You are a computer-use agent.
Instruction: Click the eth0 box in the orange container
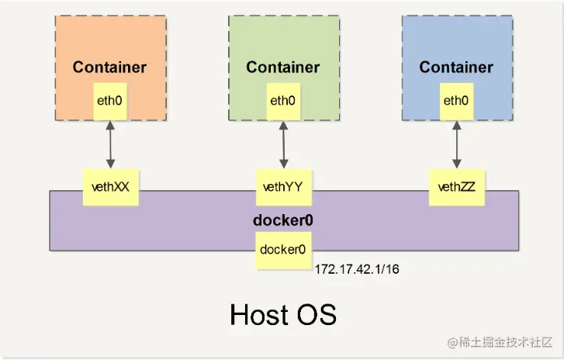(109, 101)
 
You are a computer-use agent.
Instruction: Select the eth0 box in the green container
(282, 101)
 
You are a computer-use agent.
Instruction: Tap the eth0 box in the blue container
(455, 101)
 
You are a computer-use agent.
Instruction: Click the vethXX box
(110, 186)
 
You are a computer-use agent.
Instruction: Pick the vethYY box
(283, 186)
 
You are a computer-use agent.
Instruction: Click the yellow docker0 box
(283, 250)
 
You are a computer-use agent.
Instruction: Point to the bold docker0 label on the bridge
(283, 220)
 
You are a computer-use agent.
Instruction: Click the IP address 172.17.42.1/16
(358, 269)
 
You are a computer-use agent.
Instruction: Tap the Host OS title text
(283, 314)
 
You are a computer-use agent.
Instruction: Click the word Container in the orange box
(109, 67)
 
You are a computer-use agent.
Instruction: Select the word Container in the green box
(282, 67)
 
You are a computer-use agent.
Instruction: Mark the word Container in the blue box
(456, 67)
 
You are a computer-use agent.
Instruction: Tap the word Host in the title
(259, 314)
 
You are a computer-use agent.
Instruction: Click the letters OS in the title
(317, 314)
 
